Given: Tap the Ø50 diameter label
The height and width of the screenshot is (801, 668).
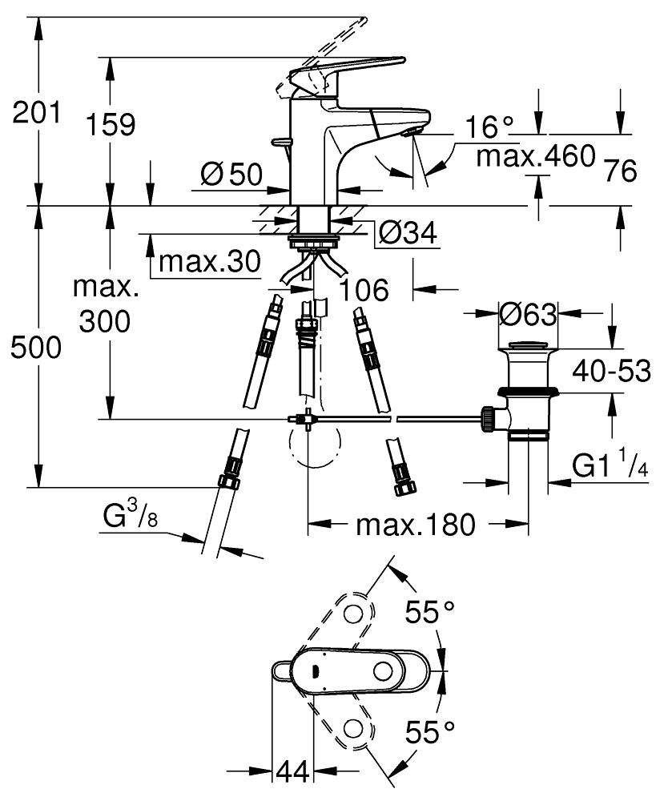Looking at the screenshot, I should point(231,174).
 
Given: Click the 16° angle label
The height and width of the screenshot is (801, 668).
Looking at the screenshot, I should point(489,126).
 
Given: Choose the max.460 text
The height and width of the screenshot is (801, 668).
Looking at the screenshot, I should point(536,155).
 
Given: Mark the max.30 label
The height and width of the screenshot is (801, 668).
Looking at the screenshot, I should point(210,260).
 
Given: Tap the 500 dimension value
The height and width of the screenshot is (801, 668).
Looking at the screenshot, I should point(37,348).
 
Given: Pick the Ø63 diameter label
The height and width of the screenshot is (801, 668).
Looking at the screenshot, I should point(527,315).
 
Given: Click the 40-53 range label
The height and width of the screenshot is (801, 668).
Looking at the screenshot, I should point(611,372).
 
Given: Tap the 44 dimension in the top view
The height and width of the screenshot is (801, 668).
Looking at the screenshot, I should point(293,772).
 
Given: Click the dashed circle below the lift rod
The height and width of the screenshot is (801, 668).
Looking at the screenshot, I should point(312,445).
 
